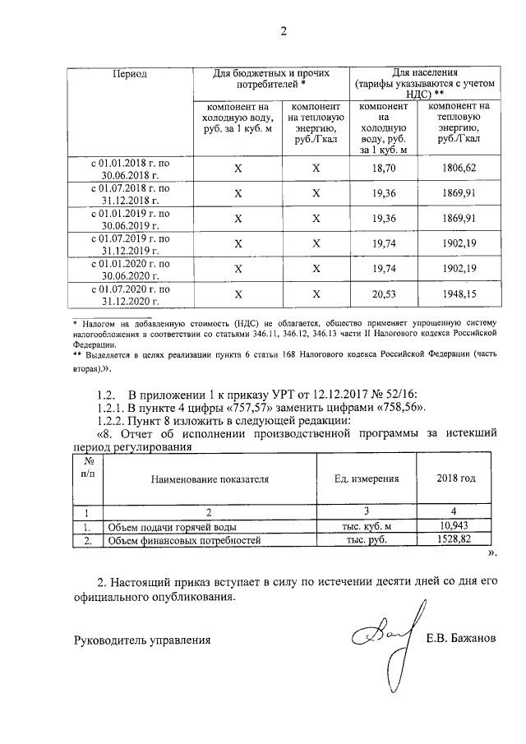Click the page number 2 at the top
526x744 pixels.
click(x=284, y=32)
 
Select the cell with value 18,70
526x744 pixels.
click(x=384, y=167)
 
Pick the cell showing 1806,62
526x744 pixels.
click(x=459, y=167)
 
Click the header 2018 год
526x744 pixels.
click(x=455, y=478)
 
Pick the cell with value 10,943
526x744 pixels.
click(x=454, y=525)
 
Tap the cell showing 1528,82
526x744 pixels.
click(x=454, y=540)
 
